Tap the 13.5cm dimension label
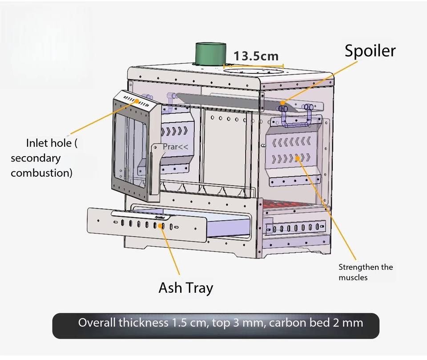point(256,56)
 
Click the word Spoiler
point(370,51)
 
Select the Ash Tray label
point(186,288)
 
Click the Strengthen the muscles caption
point(366,272)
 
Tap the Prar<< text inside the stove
point(175,147)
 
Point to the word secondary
point(36,158)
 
